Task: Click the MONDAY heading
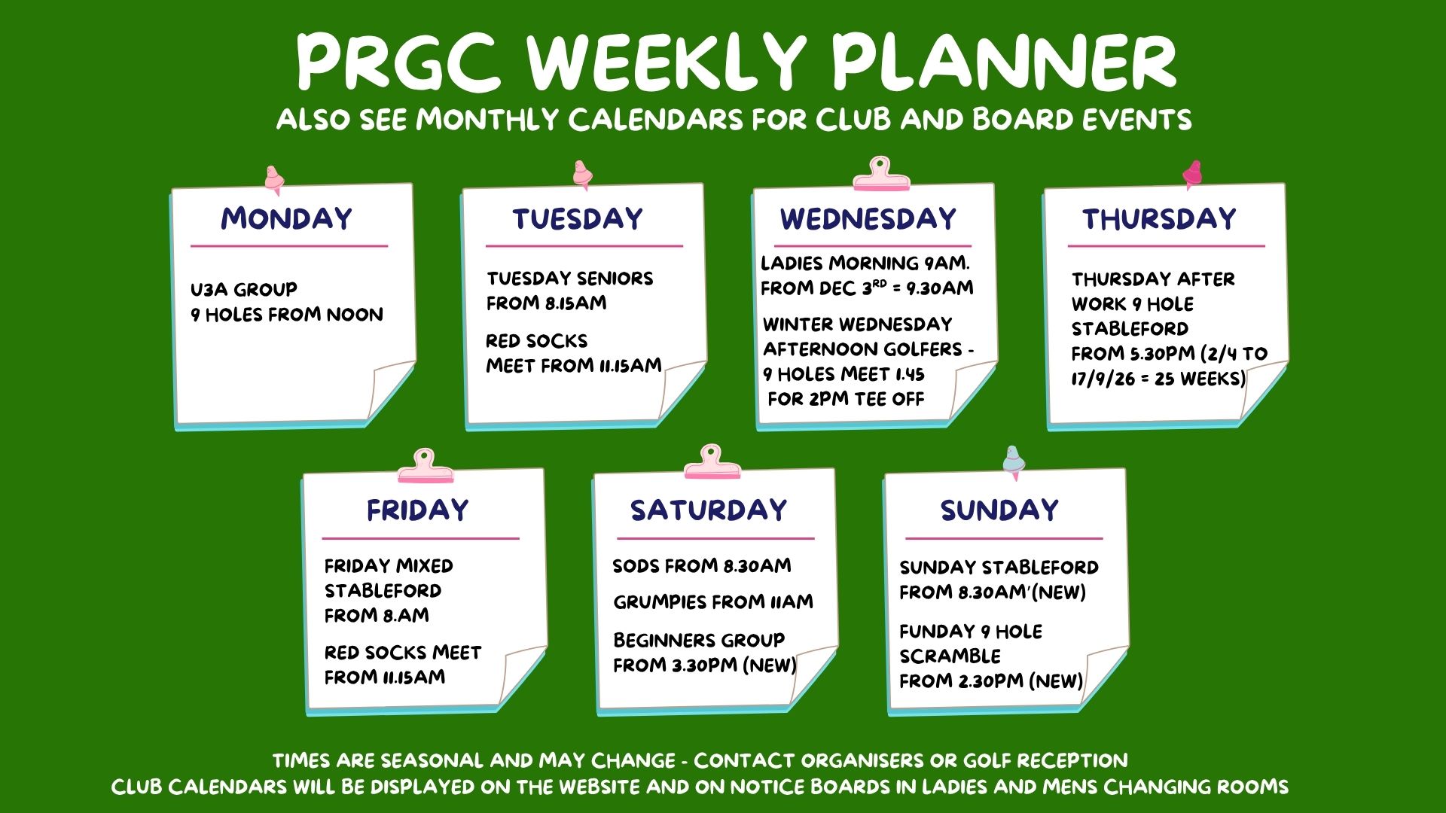pos(286,218)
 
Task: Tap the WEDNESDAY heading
pos(868,218)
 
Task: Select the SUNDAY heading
pos(999,510)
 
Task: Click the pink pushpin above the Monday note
pos(274,181)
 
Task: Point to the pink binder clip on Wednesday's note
pos(880,174)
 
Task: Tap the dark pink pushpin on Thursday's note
pos(1192,175)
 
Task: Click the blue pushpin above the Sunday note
pos(1013,462)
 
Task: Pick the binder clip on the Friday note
pos(426,466)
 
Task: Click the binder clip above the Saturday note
pos(712,461)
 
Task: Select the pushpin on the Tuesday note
pos(581,175)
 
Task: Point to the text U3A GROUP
pos(243,289)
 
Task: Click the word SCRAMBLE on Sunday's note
pos(950,656)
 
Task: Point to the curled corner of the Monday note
pos(391,389)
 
